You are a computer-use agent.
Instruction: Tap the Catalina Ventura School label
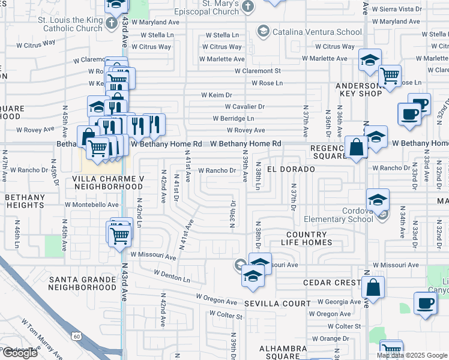pyautogui.click(x=309, y=31)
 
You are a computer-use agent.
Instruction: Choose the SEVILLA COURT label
pyautogui.click(x=277, y=304)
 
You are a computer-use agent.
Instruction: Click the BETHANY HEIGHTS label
pyautogui.click(x=25, y=201)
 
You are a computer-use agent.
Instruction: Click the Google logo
pyautogui.click(x=20, y=353)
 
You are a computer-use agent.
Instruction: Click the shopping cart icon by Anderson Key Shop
pyautogui.click(x=390, y=76)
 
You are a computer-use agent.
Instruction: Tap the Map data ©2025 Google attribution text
pyautogui.click(x=412, y=355)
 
